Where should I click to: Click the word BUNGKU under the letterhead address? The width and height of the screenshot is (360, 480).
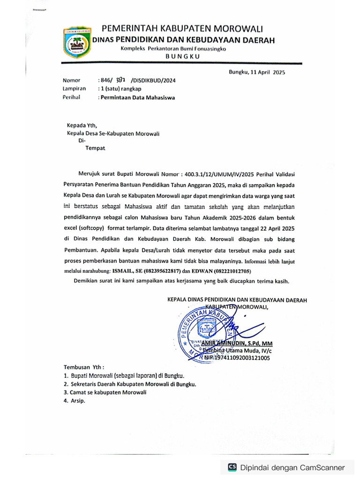pyautogui.click(x=183, y=56)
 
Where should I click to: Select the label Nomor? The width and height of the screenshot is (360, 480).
pyautogui.click(x=71, y=80)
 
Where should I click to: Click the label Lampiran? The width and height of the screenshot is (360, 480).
pyautogui.click(x=74, y=88)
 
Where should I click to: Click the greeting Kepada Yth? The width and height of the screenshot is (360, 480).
pyautogui.click(x=82, y=125)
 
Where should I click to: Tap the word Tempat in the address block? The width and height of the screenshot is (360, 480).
pyautogui.click(x=96, y=148)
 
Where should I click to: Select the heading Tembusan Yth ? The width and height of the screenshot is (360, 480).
pyautogui.click(x=84, y=367)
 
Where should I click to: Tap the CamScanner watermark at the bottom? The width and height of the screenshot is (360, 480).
pyautogui.click(x=286, y=467)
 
